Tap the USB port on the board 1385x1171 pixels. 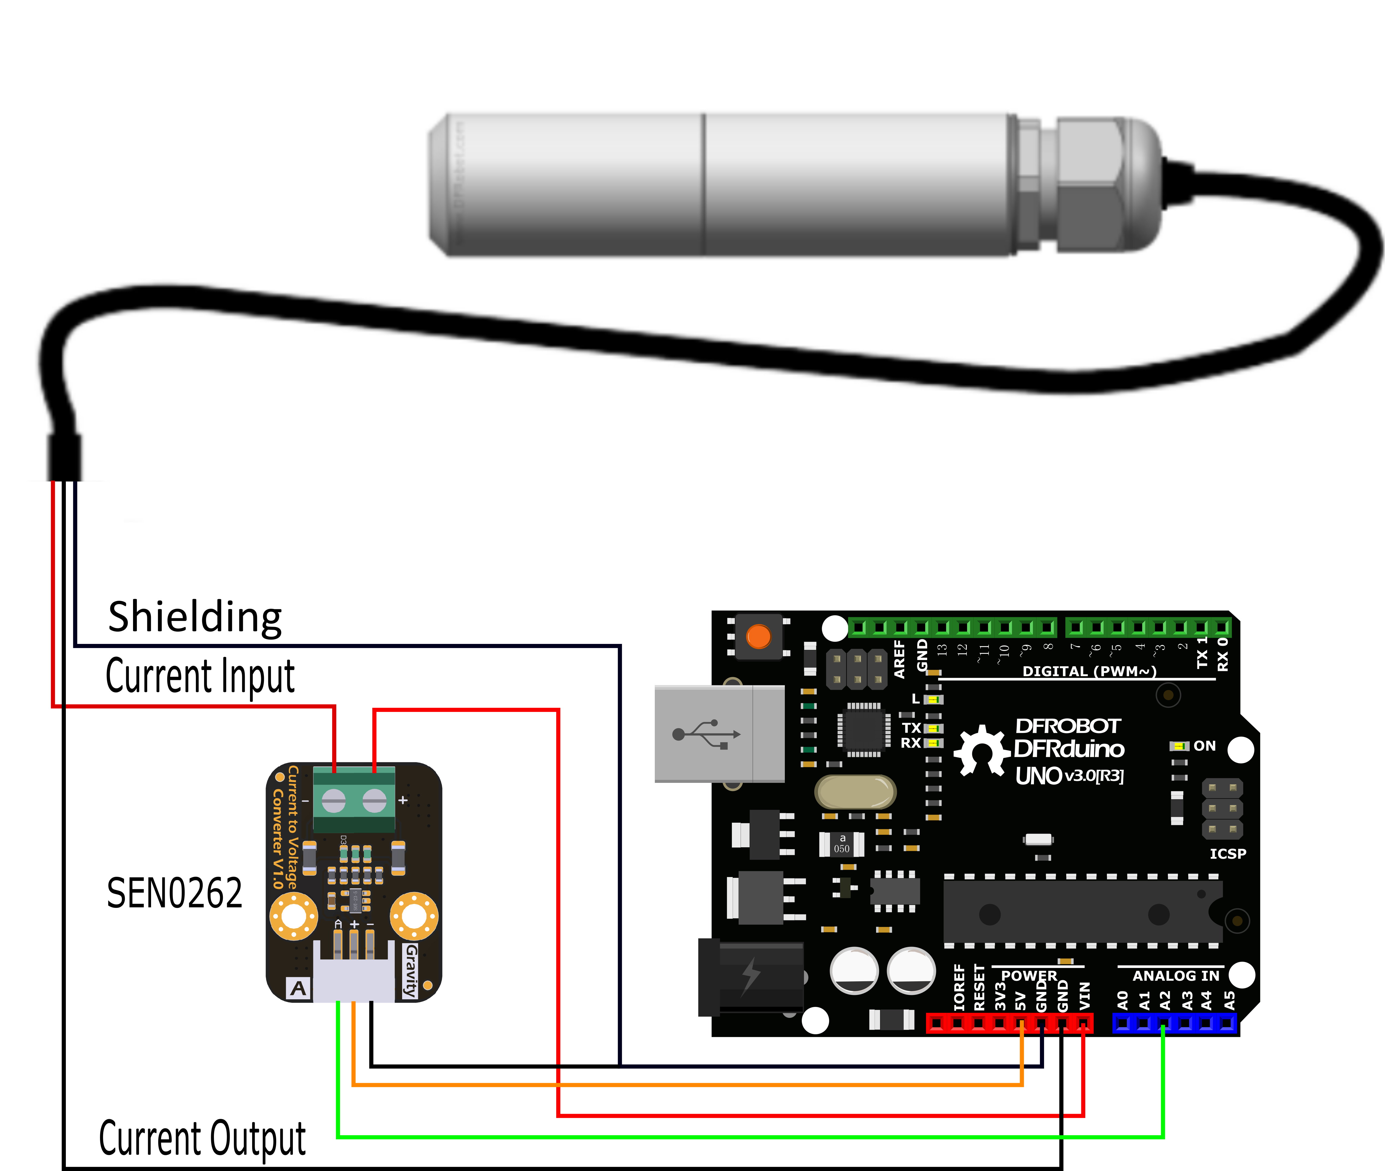pos(719,733)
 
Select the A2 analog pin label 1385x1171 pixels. pos(1165,1000)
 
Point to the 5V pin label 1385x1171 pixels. pos(1021,1000)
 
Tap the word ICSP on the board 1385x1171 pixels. pos(1228,854)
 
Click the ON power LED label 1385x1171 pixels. pos(1204,745)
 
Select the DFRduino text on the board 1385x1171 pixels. pos(1069,749)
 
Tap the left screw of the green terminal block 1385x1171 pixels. pos(334,801)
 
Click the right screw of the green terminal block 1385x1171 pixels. pos(374,801)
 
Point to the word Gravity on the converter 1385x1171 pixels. pos(411,971)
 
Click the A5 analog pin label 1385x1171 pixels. pos(1229,1000)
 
